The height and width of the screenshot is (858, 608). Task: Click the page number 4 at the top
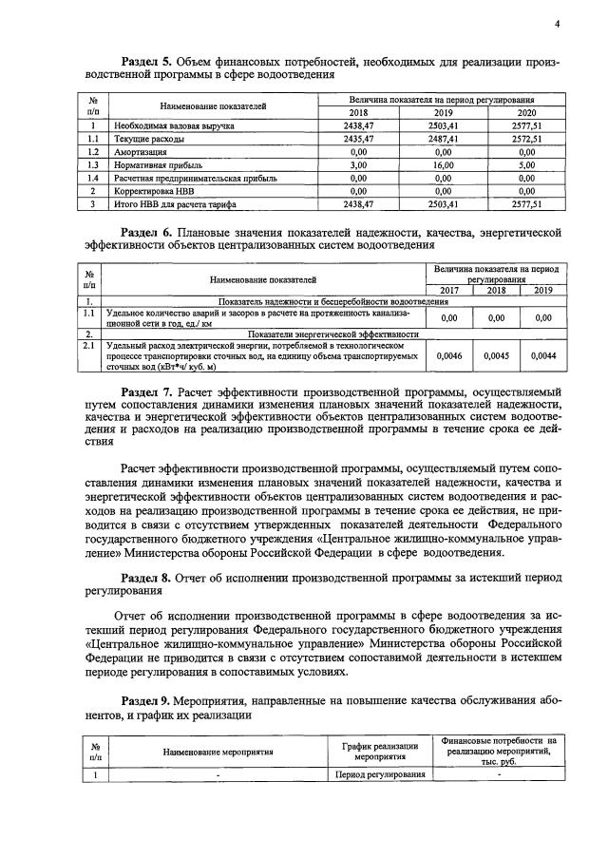tap(558, 24)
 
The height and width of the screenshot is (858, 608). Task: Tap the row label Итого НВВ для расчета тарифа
tap(176, 203)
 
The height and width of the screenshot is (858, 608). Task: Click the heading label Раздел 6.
tap(147, 232)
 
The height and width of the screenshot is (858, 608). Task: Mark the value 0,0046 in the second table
tap(447, 355)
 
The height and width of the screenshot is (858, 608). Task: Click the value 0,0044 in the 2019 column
tap(542, 355)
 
